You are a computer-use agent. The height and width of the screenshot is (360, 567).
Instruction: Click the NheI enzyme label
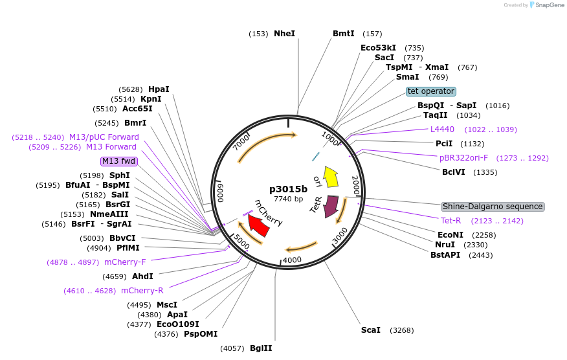pos(284,34)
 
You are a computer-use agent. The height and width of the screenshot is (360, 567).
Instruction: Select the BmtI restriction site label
pos(344,34)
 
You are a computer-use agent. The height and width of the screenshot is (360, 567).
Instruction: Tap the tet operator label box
pos(431,91)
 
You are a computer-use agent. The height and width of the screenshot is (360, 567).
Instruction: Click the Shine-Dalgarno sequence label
pos(493,207)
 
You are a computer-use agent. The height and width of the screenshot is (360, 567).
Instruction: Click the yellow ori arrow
pos(331,176)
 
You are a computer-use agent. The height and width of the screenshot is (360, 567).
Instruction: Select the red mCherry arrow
pos(259,225)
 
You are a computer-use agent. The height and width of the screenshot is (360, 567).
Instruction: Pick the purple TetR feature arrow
pos(331,205)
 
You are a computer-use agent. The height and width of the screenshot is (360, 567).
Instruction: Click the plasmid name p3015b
pos(288,189)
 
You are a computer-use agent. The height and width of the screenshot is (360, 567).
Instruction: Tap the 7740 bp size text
pos(288,199)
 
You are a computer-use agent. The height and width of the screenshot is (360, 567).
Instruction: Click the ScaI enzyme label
pos(371,330)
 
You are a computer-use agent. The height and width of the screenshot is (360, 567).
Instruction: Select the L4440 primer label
pos(442,129)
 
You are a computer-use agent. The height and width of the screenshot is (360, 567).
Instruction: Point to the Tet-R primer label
pos(450,221)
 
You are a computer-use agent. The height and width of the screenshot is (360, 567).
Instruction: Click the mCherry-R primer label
pos(142,291)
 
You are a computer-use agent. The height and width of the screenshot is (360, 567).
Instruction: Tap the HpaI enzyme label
pos(159,89)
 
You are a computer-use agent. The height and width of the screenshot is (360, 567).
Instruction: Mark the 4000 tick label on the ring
pos(293,260)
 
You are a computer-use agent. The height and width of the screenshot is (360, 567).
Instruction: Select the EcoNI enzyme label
pos(450,235)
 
